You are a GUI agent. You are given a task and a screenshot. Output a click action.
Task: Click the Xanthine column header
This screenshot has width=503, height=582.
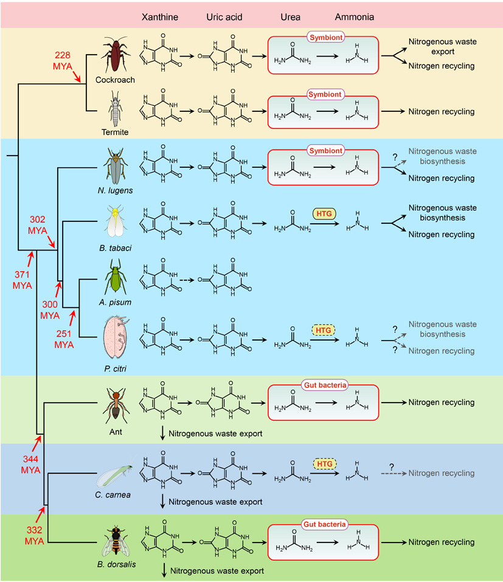pyautogui.click(x=159, y=17)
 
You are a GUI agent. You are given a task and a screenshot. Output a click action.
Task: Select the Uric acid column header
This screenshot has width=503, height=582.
pyautogui.click(x=224, y=17)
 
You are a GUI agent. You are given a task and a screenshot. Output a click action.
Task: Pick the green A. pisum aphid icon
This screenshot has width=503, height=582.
pyautogui.click(x=114, y=277)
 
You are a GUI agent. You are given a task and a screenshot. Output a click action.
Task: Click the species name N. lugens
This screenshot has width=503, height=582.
pyautogui.click(x=114, y=190)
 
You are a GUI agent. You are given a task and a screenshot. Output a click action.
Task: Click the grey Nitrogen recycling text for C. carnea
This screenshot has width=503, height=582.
pyautogui.click(x=442, y=473)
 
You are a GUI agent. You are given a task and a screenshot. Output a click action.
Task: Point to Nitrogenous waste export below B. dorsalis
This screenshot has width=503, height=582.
pyautogui.click(x=217, y=571)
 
